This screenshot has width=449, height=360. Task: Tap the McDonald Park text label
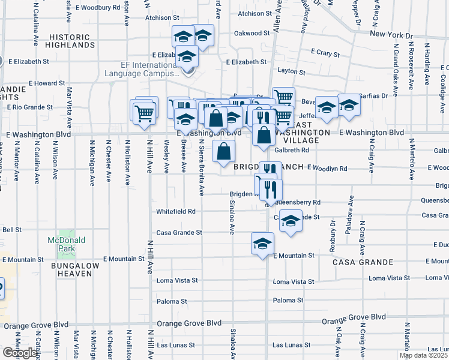point(66,244)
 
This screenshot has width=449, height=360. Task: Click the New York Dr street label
point(393,34)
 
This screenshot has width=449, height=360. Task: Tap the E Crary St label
point(325,53)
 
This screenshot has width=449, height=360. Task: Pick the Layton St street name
point(292,72)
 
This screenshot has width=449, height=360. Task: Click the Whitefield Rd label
point(176,211)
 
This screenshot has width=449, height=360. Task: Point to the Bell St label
point(12,229)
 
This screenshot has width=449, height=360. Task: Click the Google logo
point(19,353)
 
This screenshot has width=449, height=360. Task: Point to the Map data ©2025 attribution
point(423,355)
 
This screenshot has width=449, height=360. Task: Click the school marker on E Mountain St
point(262,244)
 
